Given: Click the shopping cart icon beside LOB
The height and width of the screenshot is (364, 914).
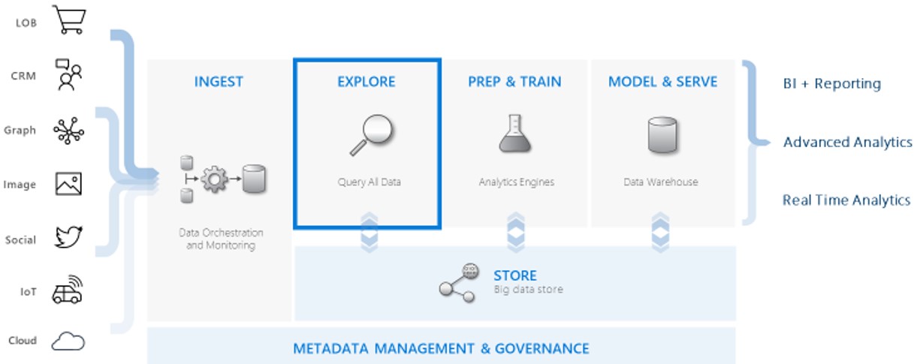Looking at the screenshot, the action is coord(69,20).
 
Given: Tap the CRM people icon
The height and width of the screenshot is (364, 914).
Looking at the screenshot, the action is coord(68,74).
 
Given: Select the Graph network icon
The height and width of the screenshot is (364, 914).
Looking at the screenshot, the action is coord(68,131).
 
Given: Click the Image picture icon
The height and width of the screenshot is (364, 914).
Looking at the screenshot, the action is coord(68,183).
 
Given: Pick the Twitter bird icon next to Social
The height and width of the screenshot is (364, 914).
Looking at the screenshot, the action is coord(68,237).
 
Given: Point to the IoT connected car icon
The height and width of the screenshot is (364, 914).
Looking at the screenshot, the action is coord(68,290).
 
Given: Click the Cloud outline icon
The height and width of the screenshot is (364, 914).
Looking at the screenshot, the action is coord(68,341).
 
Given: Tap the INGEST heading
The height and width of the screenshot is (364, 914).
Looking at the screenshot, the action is coord(219,82).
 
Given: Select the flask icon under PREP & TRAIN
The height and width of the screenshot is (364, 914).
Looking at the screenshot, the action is coord(515,134).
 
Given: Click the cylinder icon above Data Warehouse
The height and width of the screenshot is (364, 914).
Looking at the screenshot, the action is coord(662,135).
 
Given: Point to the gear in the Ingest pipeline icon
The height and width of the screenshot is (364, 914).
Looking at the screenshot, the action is coord(214,179).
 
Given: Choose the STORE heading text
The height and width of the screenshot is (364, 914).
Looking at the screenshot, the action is coord(515,276).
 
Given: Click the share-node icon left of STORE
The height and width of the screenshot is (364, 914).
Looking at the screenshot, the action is coord(459,283).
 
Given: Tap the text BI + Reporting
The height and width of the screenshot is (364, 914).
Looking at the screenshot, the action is coord(832,83).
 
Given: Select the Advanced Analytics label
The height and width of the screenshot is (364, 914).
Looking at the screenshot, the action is coord(847,143).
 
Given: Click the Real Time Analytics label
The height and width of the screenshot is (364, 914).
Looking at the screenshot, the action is coord(846,200).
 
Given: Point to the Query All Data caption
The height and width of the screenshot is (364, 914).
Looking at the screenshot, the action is coord(370,182).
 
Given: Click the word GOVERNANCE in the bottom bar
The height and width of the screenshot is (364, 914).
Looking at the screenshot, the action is coord(542,349).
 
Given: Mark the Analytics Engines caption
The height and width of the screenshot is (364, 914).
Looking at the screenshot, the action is coord(517,182).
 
